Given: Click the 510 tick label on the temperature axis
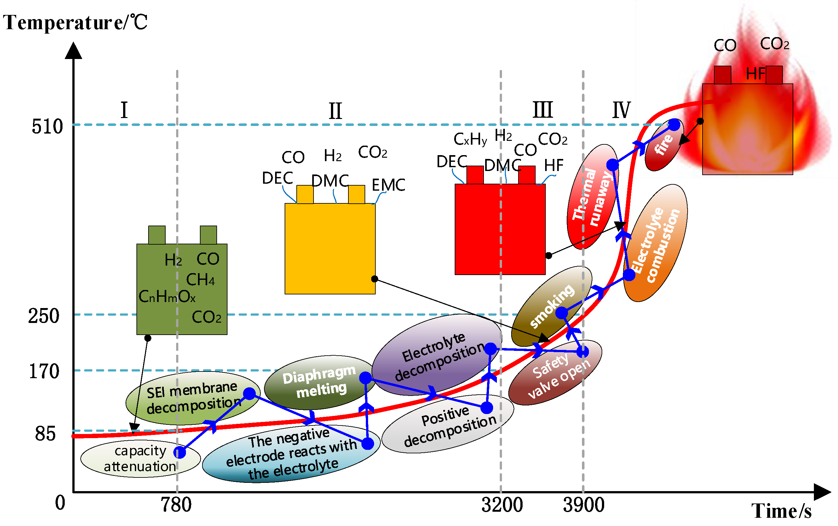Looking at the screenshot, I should (x=47, y=126).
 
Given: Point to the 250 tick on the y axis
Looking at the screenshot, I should (x=44, y=316).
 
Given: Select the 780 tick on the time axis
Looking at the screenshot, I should (x=176, y=505).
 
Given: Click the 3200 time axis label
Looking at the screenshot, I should (x=502, y=505).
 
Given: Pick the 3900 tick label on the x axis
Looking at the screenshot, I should (x=584, y=505).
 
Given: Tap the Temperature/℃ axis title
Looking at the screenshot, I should (x=75, y=23).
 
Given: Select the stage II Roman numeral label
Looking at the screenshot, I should (x=335, y=111).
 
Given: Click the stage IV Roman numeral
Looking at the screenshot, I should (x=621, y=110).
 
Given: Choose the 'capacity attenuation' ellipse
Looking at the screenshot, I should (x=140, y=458).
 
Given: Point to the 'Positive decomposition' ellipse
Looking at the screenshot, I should (x=448, y=424).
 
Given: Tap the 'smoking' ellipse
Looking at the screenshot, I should (x=551, y=306).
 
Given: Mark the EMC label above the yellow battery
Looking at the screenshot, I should (x=388, y=185).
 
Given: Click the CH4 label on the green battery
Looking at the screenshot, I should (x=200, y=280).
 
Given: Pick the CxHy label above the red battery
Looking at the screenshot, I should (x=470, y=140).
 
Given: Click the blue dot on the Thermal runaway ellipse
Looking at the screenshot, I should (x=613, y=165).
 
